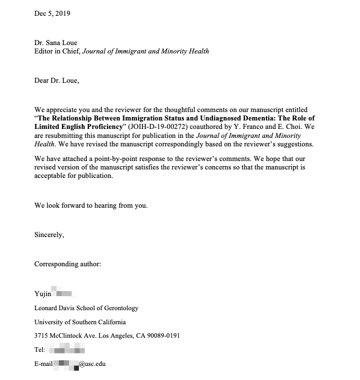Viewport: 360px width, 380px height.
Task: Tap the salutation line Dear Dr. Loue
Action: (x=57, y=81)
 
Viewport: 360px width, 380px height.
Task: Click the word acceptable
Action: (x=54, y=176)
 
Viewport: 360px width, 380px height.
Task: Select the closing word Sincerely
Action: (x=49, y=235)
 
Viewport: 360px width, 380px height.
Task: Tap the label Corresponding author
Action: (x=68, y=264)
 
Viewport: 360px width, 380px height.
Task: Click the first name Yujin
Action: (x=43, y=293)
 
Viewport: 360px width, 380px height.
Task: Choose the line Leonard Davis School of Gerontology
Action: (x=86, y=308)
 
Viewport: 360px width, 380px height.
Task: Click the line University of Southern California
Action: (x=80, y=322)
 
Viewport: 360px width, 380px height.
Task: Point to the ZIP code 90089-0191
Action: (x=163, y=336)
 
